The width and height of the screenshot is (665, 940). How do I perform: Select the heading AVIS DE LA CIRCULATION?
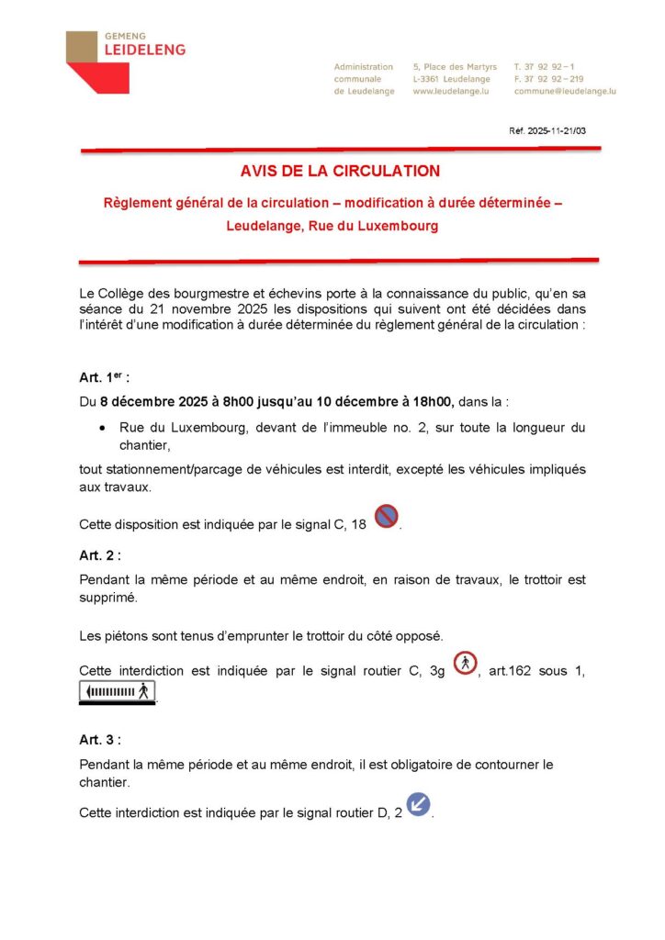(340, 171)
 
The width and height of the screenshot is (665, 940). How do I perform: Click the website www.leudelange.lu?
(451, 92)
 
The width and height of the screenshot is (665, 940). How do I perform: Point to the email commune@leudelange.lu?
(565, 92)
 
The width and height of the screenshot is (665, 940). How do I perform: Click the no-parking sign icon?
(387, 518)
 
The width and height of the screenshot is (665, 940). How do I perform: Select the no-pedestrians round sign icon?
(466, 663)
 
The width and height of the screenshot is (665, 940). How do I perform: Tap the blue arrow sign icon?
(418, 805)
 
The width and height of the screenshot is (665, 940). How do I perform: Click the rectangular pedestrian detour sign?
(118, 693)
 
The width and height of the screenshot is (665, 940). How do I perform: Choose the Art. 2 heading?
(100, 555)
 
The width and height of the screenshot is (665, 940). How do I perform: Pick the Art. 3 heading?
(100, 739)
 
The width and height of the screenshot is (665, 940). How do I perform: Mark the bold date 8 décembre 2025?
(152, 401)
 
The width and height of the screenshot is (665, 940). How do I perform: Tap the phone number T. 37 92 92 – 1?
(545, 67)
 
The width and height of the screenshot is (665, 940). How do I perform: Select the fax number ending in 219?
(548, 79)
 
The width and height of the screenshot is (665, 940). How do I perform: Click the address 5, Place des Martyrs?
(455, 67)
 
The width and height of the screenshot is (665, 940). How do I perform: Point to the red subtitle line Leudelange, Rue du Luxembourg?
(332, 226)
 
